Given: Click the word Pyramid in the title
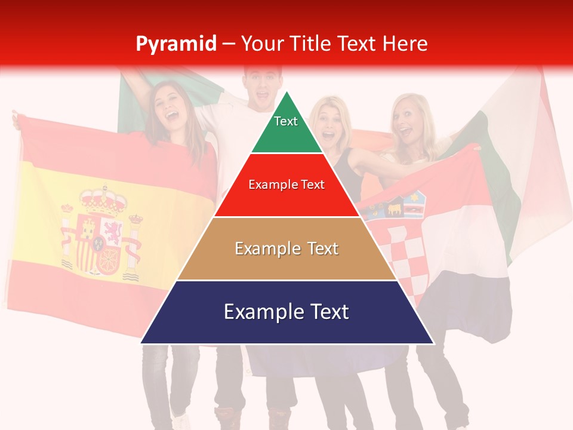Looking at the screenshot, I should [175, 44].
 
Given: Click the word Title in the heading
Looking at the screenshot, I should [310, 44].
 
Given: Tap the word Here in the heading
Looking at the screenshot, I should [405, 44].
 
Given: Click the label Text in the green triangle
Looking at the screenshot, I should [286, 121].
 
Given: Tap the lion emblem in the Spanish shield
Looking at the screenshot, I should [111, 229].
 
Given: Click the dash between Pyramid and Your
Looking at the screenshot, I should [229, 44].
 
